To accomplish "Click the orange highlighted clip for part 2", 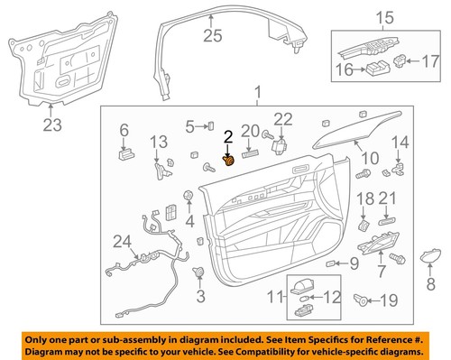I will pos(229,161).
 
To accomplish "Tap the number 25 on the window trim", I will pos(211,35).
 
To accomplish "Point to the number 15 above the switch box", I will pos(384,17).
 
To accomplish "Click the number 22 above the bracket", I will pos(283,118).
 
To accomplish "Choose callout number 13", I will pos(159,142).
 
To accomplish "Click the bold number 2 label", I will pos(228,136).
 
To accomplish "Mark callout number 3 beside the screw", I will pos(200,295).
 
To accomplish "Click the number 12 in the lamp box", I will pos(333,296).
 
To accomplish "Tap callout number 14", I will pos(400,141).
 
